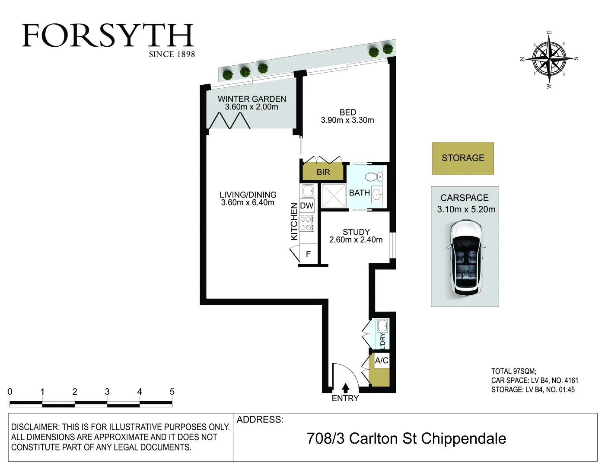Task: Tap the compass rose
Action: click(549, 58)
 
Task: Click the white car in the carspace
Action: click(465, 259)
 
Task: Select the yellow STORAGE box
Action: click(462, 158)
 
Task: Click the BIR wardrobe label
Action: click(323, 172)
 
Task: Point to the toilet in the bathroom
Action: click(373, 176)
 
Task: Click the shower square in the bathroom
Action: click(333, 195)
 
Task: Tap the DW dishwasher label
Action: click(307, 206)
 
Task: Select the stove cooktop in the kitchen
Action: click(306, 223)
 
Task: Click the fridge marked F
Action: click(308, 254)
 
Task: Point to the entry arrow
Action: click(345, 388)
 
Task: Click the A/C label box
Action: click(382, 361)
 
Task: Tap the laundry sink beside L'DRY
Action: click(382, 325)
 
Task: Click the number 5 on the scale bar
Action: click(172, 392)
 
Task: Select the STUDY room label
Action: click(356, 232)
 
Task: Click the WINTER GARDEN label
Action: click(252, 99)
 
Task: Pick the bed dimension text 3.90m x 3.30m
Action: click(347, 120)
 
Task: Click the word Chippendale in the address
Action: click(463, 438)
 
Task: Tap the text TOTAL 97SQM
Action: click(513, 371)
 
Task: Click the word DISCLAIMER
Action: click(35, 427)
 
